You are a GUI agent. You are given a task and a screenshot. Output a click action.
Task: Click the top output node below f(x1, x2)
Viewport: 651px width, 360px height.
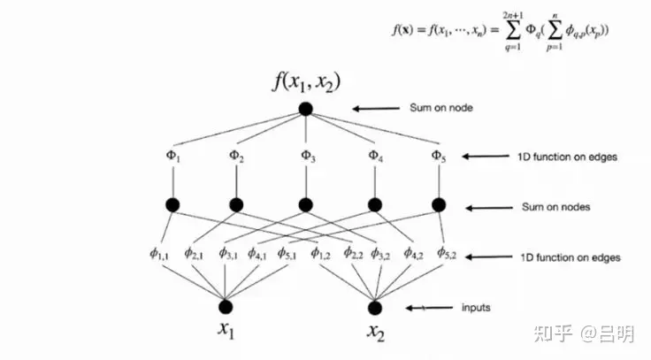pyautogui.click(x=306, y=110)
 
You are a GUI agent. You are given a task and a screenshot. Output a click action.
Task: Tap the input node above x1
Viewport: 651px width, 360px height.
pyautogui.click(x=226, y=307)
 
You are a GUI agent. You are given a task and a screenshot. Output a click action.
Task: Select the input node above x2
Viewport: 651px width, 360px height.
pyautogui.click(x=375, y=307)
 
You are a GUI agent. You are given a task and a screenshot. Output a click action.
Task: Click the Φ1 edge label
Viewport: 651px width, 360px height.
pyautogui.click(x=173, y=157)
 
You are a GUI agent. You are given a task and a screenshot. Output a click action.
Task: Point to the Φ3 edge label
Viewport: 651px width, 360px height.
pyautogui.click(x=306, y=157)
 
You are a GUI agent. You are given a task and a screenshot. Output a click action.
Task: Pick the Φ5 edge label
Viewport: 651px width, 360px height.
pyautogui.click(x=438, y=157)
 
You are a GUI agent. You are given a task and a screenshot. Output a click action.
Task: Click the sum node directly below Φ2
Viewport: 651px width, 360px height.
pyautogui.click(x=236, y=205)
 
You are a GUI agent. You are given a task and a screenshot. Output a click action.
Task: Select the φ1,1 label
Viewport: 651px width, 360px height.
pyautogui.click(x=159, y=254)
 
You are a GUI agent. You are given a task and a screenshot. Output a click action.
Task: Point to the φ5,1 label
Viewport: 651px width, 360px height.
pyautogui.click(x=288, y=254)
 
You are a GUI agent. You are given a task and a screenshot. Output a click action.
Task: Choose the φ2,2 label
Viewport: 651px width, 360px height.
pyautogui.click(x=351, y=254)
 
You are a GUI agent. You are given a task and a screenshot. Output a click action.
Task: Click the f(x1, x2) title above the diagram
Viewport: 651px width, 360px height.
pyautogui.click(x=306, y=84)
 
